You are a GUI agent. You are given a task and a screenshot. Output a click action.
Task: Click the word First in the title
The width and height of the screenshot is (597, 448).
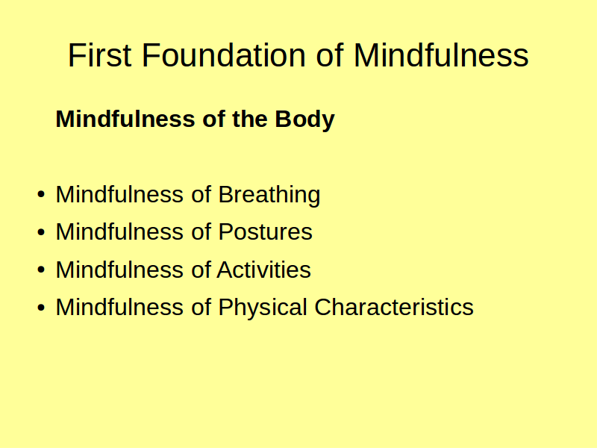pyautogui.click(x=100, y=55)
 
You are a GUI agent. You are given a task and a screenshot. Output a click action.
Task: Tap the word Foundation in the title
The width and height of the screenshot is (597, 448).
pyautogui.click(x=223, y=55)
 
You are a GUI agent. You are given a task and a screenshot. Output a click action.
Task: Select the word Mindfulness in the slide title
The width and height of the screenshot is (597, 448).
pyautogui.click(x=441, y=55)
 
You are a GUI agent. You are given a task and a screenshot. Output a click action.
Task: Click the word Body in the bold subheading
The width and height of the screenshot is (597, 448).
pyautogui.click(x=304, y=119)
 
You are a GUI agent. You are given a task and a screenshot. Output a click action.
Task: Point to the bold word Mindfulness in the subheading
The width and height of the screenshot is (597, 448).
pyautogui.click(x=125, y=119)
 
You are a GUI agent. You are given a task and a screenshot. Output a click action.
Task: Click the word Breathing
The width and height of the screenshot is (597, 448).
pyautogui.click(x=269, y=195)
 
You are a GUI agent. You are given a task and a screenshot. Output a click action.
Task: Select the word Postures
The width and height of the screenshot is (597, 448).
pyautogui.click(x=266, y=231)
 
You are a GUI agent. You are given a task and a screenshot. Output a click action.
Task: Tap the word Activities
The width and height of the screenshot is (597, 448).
pyautogui.click(x=264, y=270)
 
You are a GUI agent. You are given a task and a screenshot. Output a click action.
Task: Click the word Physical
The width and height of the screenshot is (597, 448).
pyautogui.click(x=263, y=308)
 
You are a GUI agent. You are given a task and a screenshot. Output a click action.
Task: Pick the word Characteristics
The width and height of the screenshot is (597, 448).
pyautogui.click(x=394, y=307)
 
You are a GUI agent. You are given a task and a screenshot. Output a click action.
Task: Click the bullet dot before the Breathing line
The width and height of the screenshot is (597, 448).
pyautogui.click(x=41, y=194)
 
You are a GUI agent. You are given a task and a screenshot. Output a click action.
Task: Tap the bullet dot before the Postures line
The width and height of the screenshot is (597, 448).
pyautogui.click(x=41, y=232)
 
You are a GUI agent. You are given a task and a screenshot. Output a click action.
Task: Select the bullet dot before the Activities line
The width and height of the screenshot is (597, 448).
pyautogui.click(x=41, y=270)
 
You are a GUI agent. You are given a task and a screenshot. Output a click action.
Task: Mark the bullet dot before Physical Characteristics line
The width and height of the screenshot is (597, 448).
pyautogui.click(x=41, y=307)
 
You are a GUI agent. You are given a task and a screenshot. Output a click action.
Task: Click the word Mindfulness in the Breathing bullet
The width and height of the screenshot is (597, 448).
pyautogui.click(x=119, y=194)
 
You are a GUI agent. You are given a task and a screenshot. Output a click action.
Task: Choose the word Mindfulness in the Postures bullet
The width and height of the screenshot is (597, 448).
pyautogui.click(x=119, y=231)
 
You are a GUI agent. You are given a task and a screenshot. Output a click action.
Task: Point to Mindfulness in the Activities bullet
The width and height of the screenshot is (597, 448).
pyautogui.click(x=119, y=270)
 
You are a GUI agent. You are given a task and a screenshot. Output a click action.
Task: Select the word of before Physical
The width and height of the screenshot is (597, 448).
pyautogui.click(x=201, y=307)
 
